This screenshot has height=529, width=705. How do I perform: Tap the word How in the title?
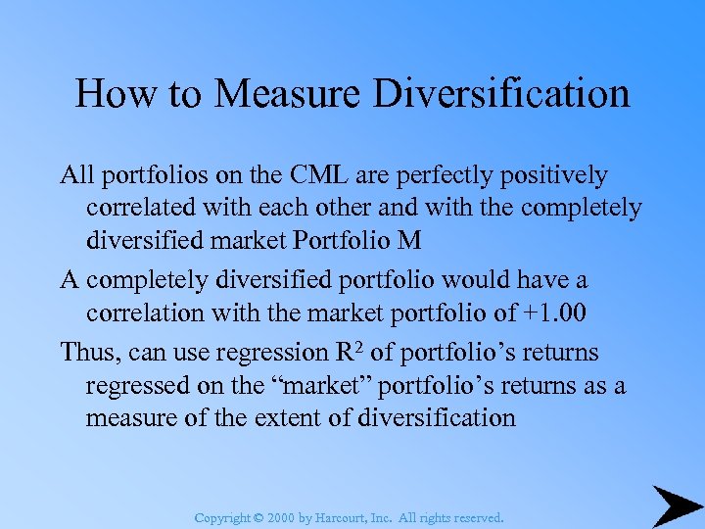[x=110, y=94]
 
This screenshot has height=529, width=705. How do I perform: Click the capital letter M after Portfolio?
[x=409, y=241]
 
